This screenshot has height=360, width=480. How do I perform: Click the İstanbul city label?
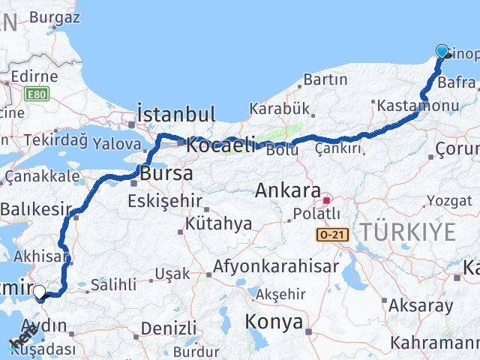coord(175,115)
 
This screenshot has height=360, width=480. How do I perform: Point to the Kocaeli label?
coord(220,145)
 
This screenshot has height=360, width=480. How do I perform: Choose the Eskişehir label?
coord(164,201)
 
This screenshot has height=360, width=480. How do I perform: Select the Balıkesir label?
coord(36,210)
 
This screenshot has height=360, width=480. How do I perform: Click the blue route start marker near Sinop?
coord(442,52)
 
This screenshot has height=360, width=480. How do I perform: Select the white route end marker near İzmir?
coord(39,292)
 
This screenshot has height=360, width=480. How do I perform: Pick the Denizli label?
coord(169,328)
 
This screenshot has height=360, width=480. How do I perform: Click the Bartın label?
coord(325,79)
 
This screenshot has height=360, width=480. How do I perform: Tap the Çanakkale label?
coord(43,177)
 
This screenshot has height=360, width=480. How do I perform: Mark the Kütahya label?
coord(218,223)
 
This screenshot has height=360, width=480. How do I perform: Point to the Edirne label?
coord(34,76)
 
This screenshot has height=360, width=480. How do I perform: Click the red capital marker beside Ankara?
coord(326,200)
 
